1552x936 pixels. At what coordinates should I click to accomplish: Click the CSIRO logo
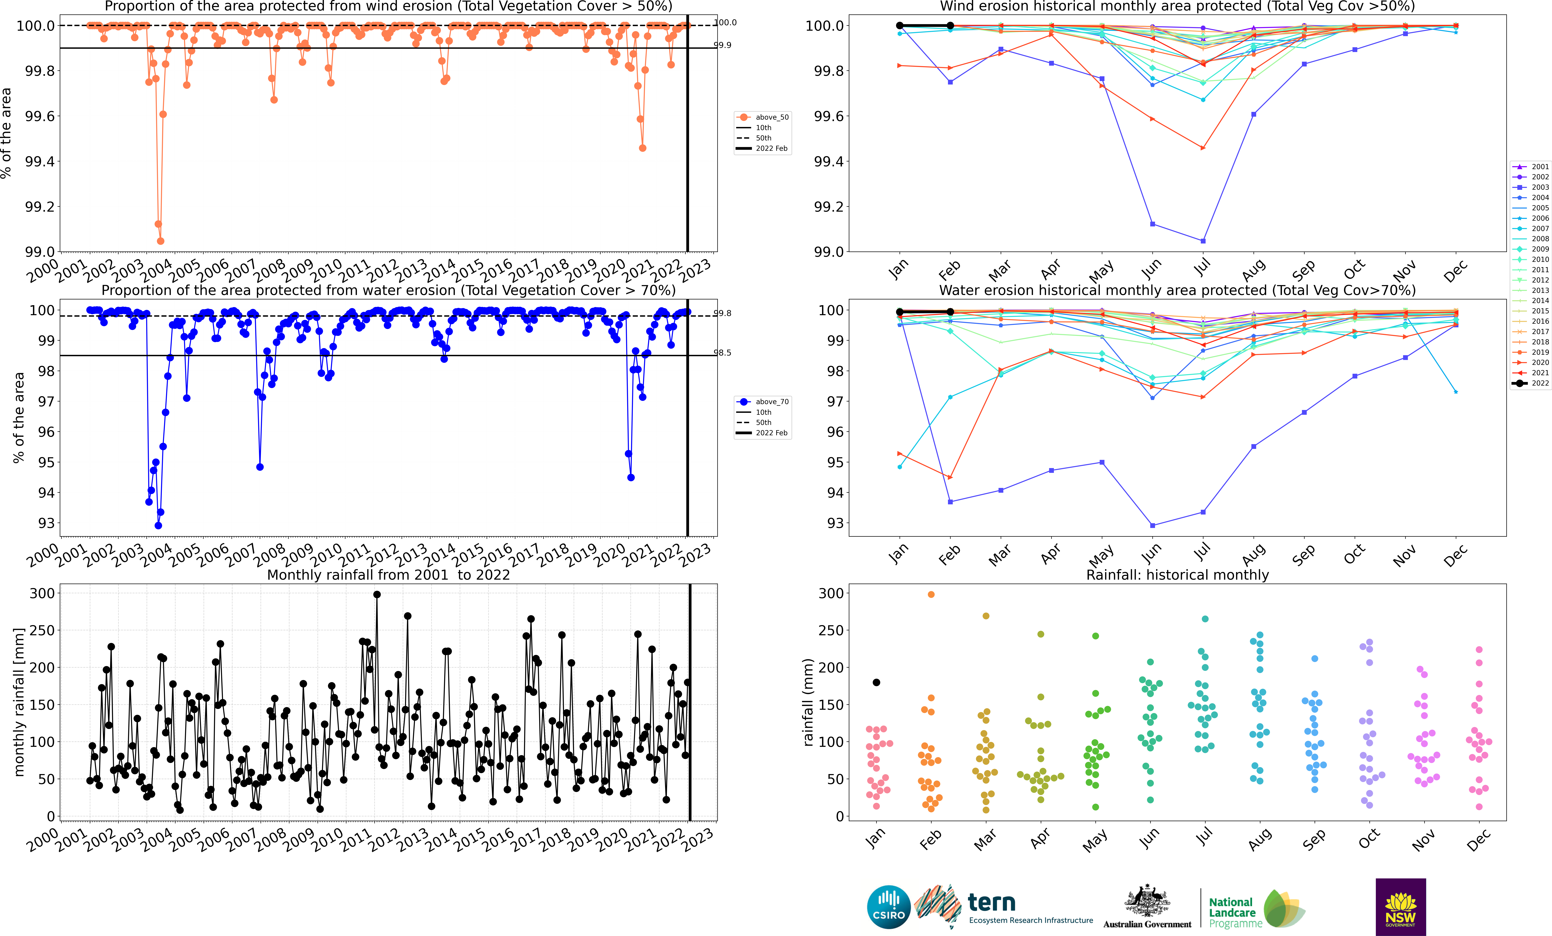[889, 907]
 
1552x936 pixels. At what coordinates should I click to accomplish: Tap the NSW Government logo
[1400, 907]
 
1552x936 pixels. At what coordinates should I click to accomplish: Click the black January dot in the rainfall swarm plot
[876, 682]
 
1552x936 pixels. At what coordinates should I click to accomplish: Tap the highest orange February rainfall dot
[931, 594]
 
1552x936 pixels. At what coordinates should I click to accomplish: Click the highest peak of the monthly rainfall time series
[377, 594]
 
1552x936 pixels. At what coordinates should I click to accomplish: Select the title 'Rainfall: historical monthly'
[1177, 575]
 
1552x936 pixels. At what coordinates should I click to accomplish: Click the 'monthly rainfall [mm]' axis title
[19, 702]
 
